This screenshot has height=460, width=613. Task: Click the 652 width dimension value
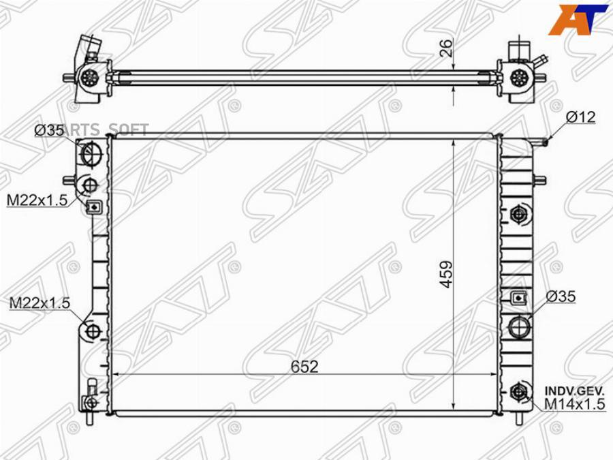[304, 366]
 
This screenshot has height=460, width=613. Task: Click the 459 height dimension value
[445, 274]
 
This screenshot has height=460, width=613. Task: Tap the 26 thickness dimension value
[446, 48]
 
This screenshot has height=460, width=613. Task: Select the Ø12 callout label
[580, 117]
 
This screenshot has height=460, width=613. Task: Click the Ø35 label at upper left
[49, 131]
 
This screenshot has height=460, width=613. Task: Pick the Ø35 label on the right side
[561, 297]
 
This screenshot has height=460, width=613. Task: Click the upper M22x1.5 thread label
[37, 200]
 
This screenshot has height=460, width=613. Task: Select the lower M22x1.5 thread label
[40, 303]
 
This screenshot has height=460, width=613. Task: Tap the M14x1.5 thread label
[574, 404]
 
